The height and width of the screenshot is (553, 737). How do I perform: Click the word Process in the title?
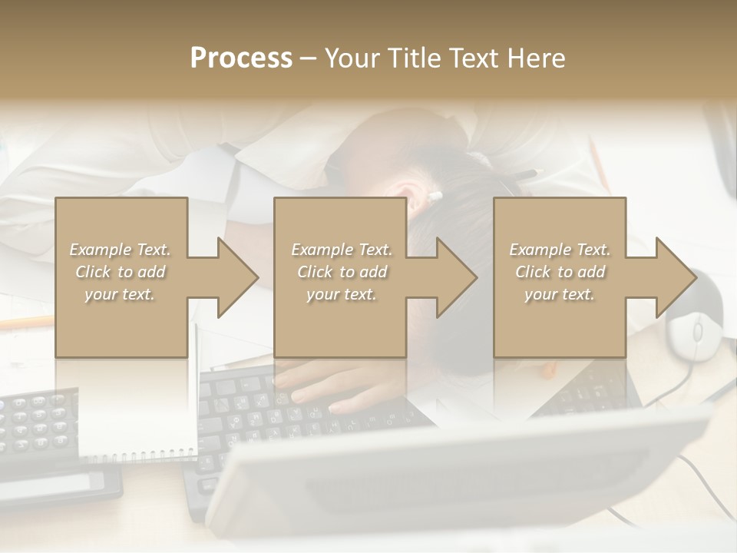point(241,58)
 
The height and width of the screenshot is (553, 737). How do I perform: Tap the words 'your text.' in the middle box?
point(341,294)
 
